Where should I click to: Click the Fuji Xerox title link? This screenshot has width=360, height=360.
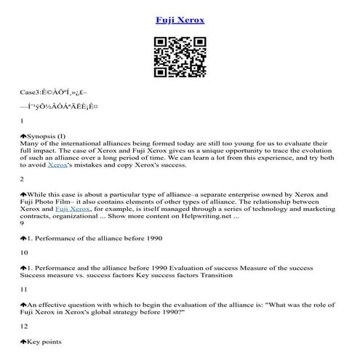[x=180, y=20]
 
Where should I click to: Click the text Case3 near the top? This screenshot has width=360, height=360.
[x=31, y=94]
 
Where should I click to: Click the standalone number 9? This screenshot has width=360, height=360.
[x=23, y=223]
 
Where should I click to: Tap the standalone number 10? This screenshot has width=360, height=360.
[x=25, y=252]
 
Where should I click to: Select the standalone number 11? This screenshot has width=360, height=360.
[x=25, y=289]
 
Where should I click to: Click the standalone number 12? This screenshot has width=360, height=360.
[x=25, y=326]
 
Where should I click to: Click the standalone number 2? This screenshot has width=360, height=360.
[x=23, y=179]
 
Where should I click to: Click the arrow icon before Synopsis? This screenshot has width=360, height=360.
[x=23, y=135]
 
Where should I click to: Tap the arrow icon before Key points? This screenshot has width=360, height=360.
[x=23, y=340]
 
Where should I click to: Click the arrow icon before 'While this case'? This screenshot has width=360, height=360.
[x=23, y=194]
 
